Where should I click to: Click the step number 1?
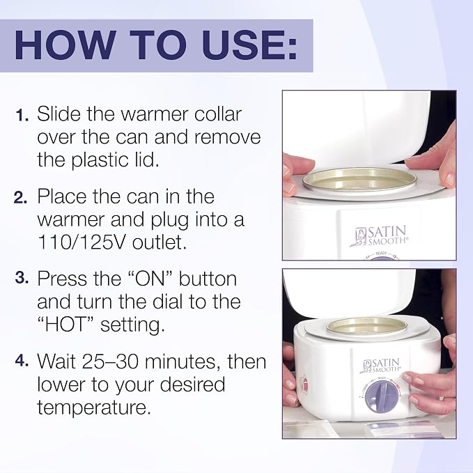[x=22, y=115]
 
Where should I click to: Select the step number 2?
[x=21, y=197]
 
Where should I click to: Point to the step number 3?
[x=22, y=277]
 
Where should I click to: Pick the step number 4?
[x=22, y=360]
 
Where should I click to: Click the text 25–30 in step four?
[x=108, y=361]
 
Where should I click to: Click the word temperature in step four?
[x=93, y=408]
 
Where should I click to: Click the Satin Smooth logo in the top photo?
[x=379, y=236]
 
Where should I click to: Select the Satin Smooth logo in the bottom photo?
[x=382, y=366]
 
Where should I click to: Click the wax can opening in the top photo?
[x=360, y=180]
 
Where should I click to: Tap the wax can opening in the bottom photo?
[x=367, y=327]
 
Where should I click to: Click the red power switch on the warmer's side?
[x=304, y=385]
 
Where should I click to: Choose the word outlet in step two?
[x=159, y=242]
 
